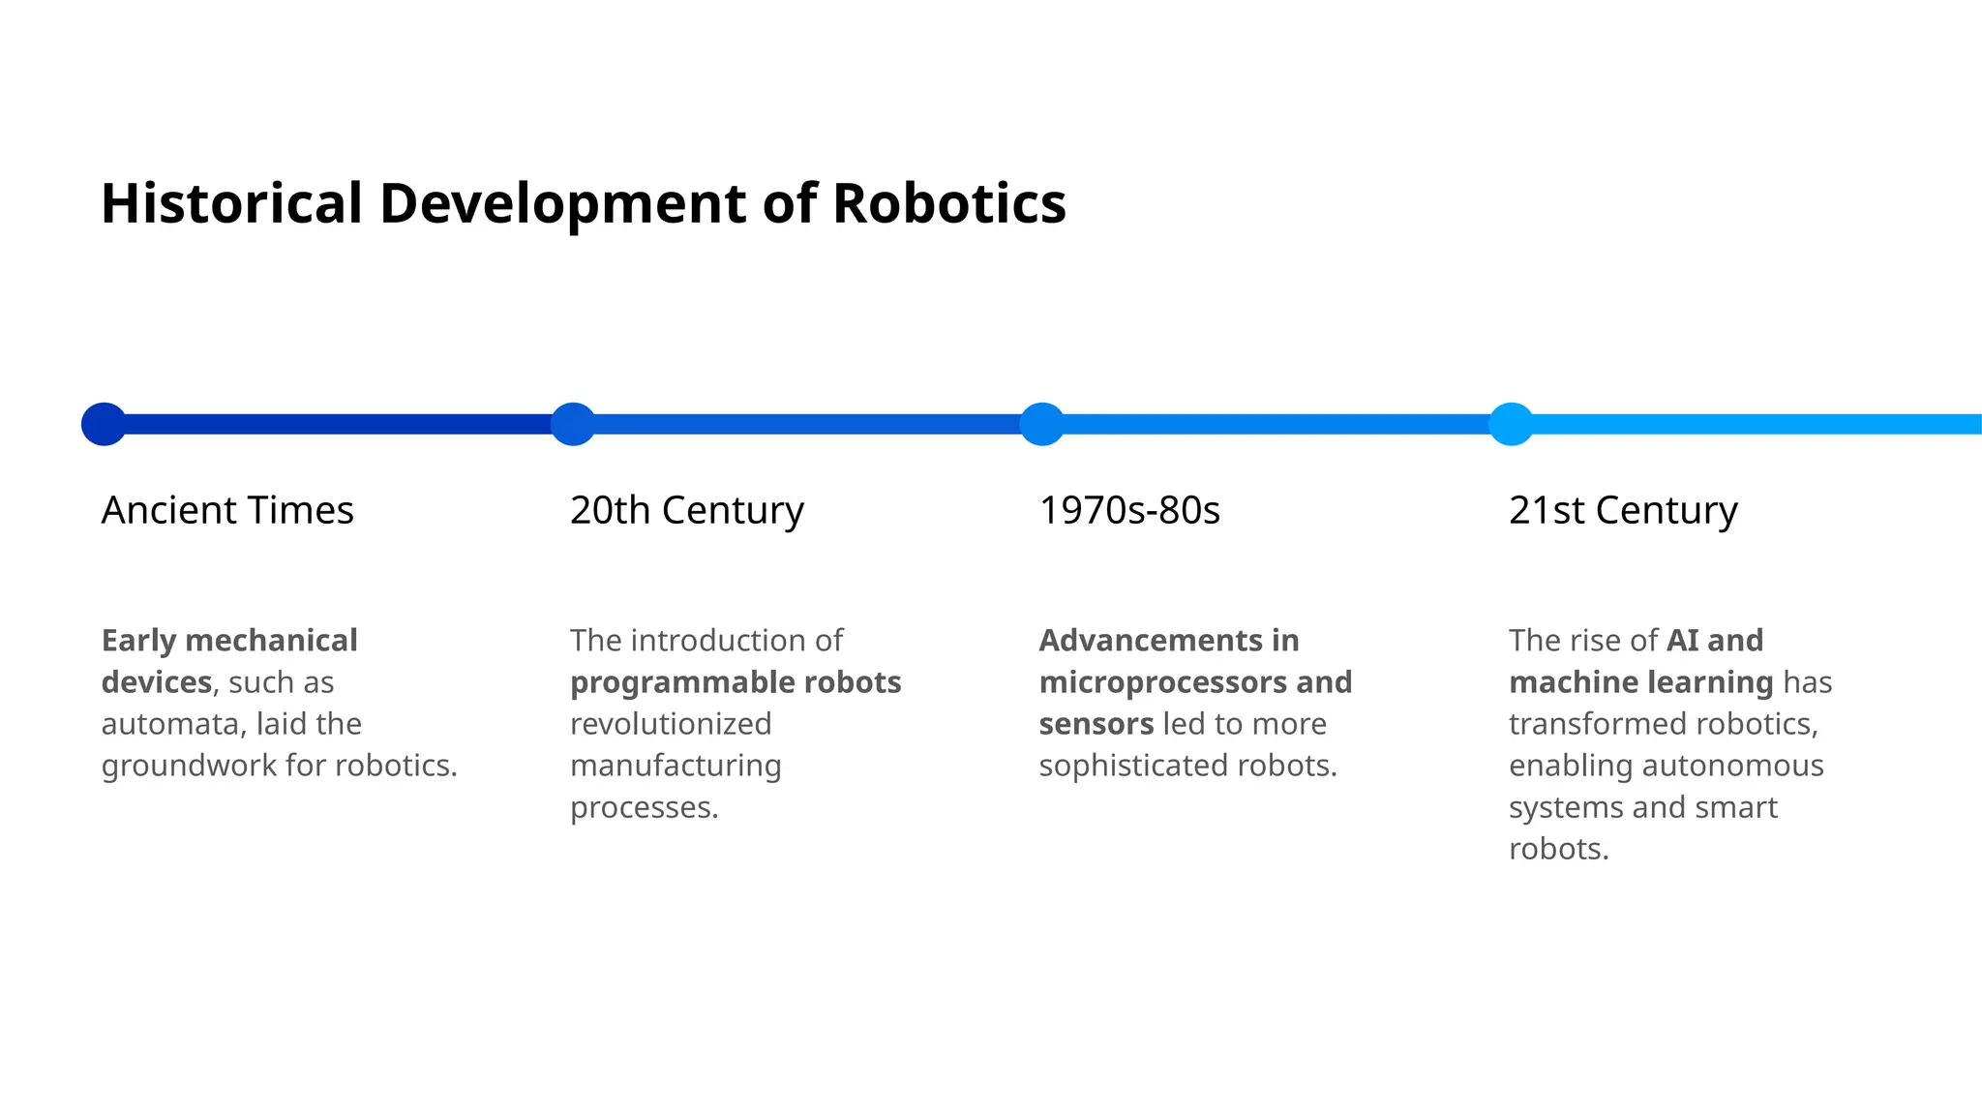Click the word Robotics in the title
[x=948, y=203]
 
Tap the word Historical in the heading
[x=231, y=203]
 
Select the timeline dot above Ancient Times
[x=104, y=424]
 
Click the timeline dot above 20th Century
[x=573, y=424]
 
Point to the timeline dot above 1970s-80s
[x=1042, y=424]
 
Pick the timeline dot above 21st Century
[x=1511, y=424]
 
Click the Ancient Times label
[x=227, y=510]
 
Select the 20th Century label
[x=687, y=510]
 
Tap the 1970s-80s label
[x=1129, y=510]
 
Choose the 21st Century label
[x=1623, y=510]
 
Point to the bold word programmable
[x=669, y=683]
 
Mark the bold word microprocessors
[x=1162, y=682]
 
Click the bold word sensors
[x=1096, y=724]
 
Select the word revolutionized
[x=671, y=724]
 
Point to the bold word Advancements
[x=1151, y=641]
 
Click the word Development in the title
[x=562, y=203]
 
